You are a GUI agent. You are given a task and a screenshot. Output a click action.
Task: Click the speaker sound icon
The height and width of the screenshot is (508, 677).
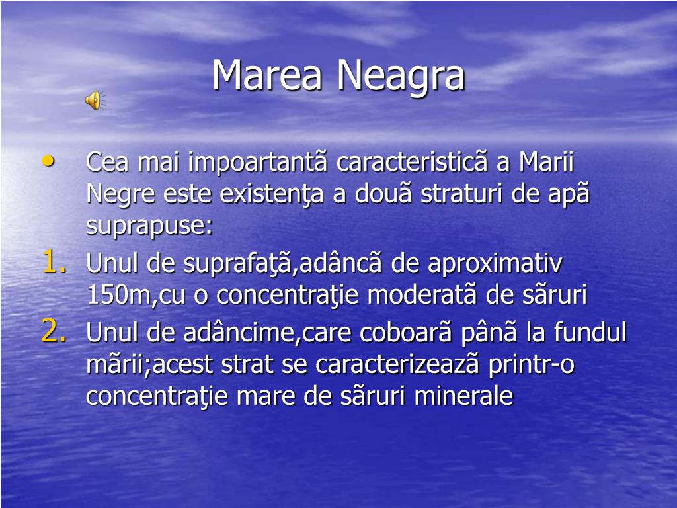point(93,100)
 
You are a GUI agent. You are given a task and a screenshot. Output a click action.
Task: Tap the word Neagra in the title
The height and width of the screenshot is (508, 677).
point(401,75)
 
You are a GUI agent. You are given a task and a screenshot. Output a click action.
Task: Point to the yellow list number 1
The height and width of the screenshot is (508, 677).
point(53,263)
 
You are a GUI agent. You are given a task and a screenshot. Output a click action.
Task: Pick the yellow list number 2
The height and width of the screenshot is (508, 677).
point(53,331)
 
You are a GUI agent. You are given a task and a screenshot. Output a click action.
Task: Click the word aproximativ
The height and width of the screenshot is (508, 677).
point(495,264)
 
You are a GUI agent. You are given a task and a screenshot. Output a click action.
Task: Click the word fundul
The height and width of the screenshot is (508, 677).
point(590,332)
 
